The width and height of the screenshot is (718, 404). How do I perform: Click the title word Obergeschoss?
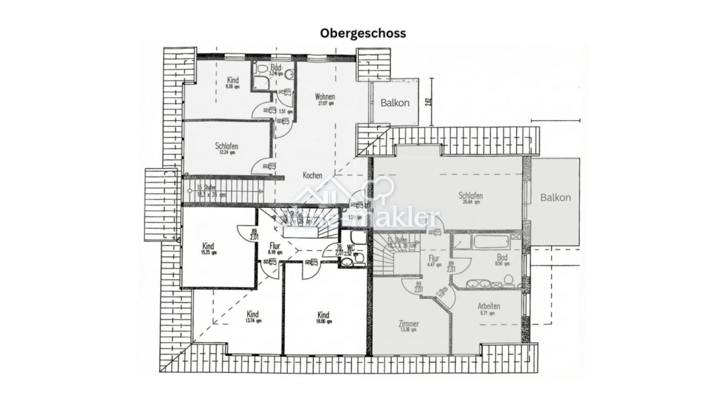pyautogui.click(x=362, y=33)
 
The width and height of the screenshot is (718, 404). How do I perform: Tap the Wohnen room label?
pyautogui.click(x=324, y=96)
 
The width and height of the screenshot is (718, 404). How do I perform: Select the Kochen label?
pyautogui.click(x=312, y=175)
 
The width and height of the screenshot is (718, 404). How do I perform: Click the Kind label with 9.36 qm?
pyautogui.click(x=233, y=80)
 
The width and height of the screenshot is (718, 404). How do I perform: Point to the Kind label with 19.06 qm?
pyautogui.click(x=323, y=315)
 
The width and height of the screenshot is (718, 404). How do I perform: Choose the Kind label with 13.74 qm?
pyautogui.click(x=252, y=314)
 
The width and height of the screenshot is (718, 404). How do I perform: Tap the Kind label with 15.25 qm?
pyautogui.click(x=208, y=247)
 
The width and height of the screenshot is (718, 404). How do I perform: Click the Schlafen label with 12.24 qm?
pyautogui.click(x=227, y=146)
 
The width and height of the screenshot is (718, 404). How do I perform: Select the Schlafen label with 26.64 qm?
pyautogui.click(x=470, y=196)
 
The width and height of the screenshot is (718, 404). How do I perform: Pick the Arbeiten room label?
pyautogui.click(x=488, y=306)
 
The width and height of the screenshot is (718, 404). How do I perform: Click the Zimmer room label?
pyautogui.click(x=408, y=324)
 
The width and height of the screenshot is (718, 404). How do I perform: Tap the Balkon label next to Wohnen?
pyautogui.click(x=395, y=103)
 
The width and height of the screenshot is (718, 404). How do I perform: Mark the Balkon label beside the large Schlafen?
pyautogui.click(x=555, y=197)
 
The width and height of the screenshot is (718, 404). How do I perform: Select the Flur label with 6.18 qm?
pyautogui.click(x=275, y=246)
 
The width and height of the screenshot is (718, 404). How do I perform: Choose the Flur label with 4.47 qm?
pyautogui.click(x=434, y=259)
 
